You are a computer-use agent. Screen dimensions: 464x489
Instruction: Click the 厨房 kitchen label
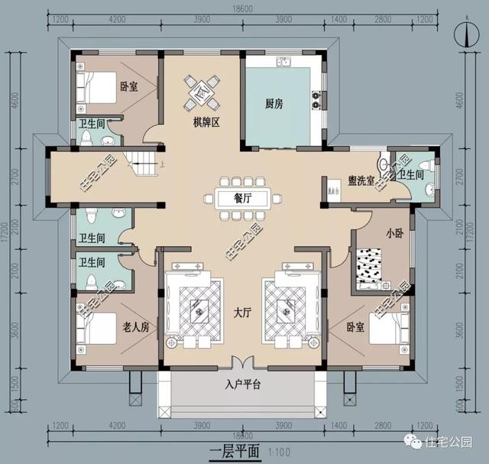click(x=274, y=105)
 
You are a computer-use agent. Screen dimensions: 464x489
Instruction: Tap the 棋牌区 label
click(x=206, y=122)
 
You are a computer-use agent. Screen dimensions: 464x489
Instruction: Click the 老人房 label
click(x=135, y=326)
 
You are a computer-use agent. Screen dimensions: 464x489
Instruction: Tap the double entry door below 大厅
click(x=244, y=364)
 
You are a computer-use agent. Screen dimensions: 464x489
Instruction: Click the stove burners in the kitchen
click(x=314, y=100)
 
